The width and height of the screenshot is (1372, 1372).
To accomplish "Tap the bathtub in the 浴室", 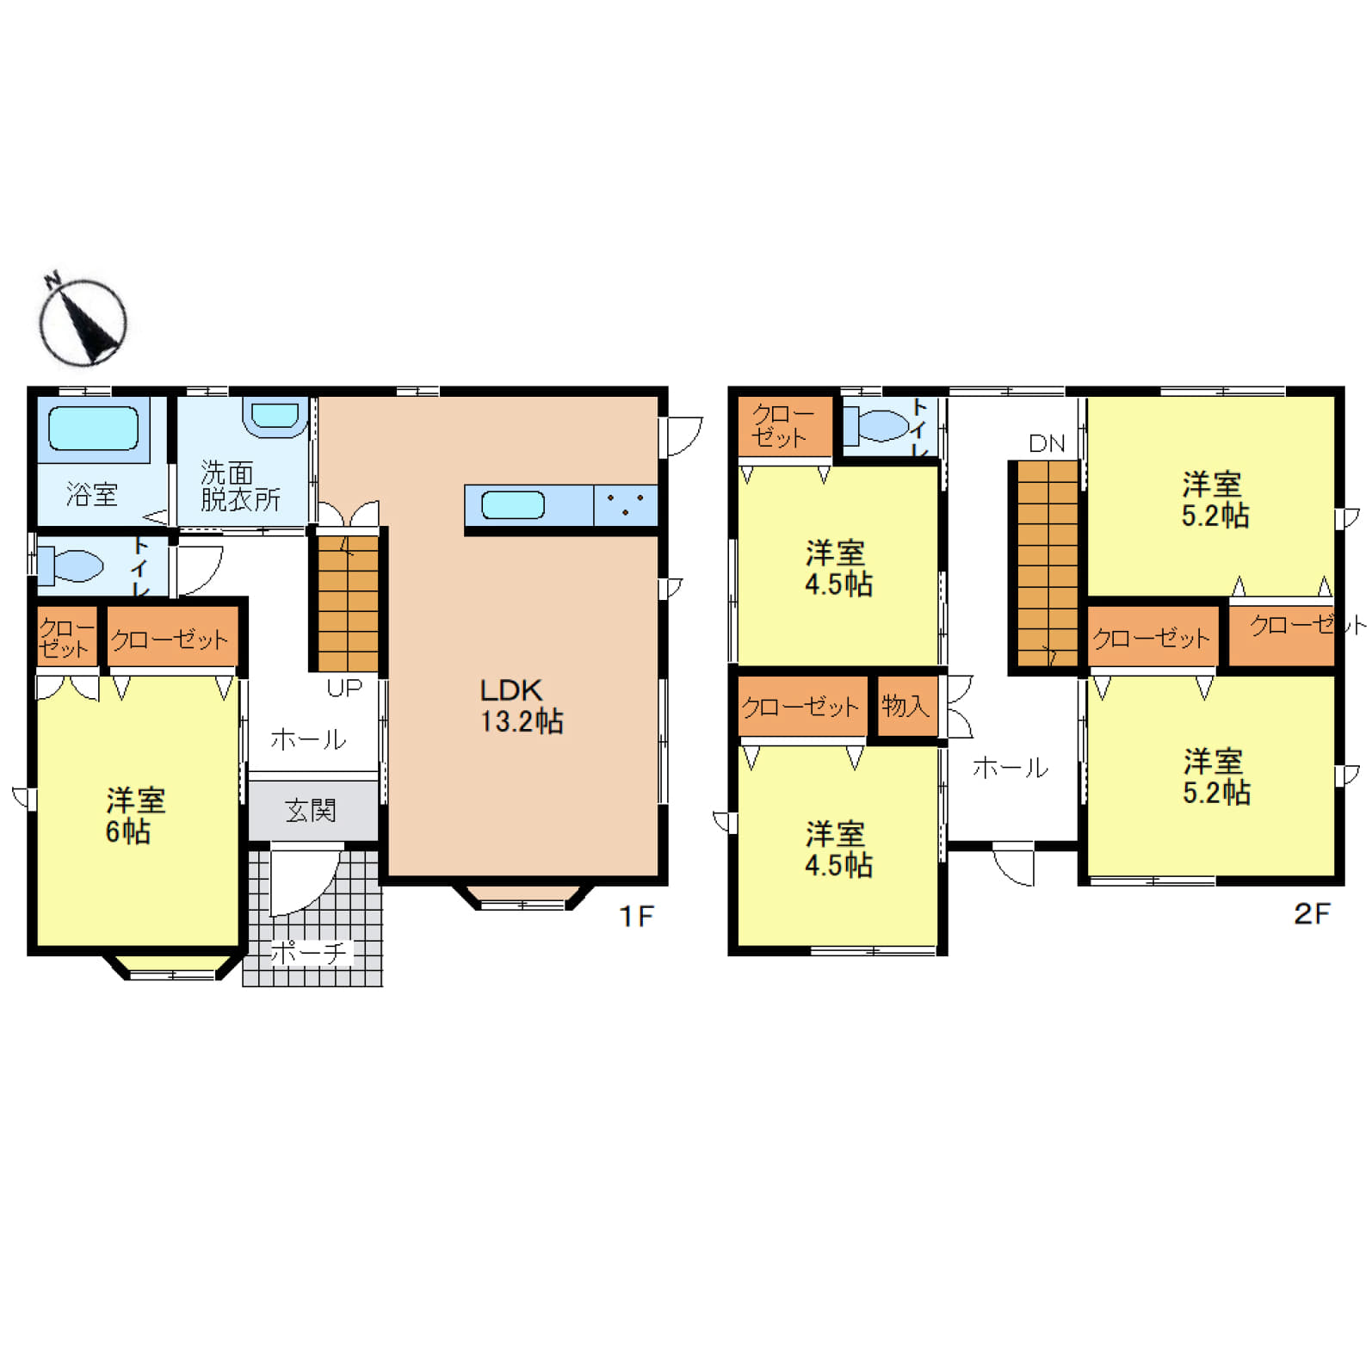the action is (93, 429).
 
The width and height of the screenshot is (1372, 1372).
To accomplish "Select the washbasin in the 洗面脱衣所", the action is (275, 417).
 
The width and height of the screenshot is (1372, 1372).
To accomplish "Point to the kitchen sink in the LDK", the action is (513, 505).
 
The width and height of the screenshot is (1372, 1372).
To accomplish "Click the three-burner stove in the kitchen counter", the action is (626, 505).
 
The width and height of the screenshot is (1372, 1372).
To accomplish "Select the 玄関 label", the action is (311, 810).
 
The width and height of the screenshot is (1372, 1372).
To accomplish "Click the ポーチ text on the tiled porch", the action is (308, 953).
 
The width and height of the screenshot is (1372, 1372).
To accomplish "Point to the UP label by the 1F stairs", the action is (344, 688).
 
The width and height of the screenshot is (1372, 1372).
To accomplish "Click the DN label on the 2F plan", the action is (1047, 443).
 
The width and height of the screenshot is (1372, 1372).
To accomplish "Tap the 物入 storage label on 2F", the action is (905, 706).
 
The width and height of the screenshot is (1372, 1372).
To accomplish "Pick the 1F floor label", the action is (637, 917).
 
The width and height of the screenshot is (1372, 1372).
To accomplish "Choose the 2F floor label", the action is (1312, 913).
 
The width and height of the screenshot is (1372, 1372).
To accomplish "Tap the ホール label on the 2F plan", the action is (1010, 768).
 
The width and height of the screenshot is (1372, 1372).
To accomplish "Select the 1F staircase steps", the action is (349, 603).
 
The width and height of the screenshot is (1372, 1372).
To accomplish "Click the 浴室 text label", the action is (92, 494).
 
